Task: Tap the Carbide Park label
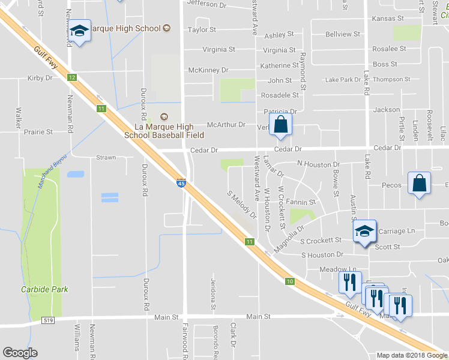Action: tap(44, 289)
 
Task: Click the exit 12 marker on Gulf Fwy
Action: tap(72, 77)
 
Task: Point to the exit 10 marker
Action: tap(290, 281)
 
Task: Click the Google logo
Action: tap(20, 353)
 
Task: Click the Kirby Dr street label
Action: tap(40, 78)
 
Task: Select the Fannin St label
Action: tap(300, 202)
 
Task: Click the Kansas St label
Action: tap(387, 19)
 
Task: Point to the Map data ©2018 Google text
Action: tap(411, 355)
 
